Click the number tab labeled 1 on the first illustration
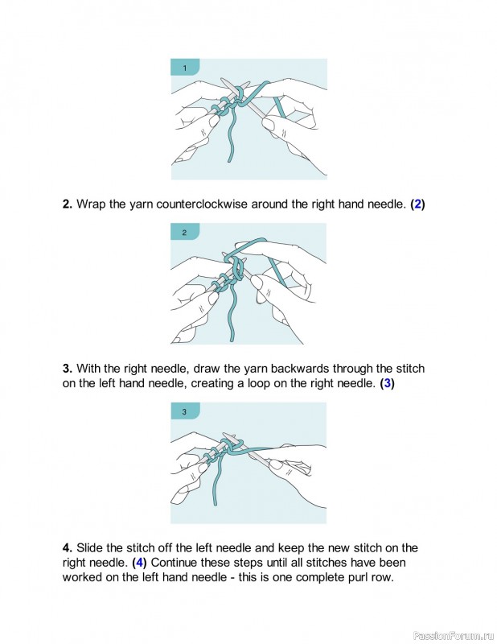pyautogui.click(x=185, y=68)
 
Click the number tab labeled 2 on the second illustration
pyautogui.click(x=185, y=233)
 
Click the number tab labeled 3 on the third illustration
pyautogui.click(x=185, y=412)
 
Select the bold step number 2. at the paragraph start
pyautogui.click(x=68, y=204)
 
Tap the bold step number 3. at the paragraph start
pyautogui.click(x=68, y=369)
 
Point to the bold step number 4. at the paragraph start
pyautogui.click(x=68, y=548)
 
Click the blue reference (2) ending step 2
pyautogui.click(x=417, y=204)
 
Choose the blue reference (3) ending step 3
pyautogui.click(x=388, y=383)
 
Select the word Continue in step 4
pyautogui.click(x=183, y=563)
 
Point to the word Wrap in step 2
pyautogui.click(x=91, y=204)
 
